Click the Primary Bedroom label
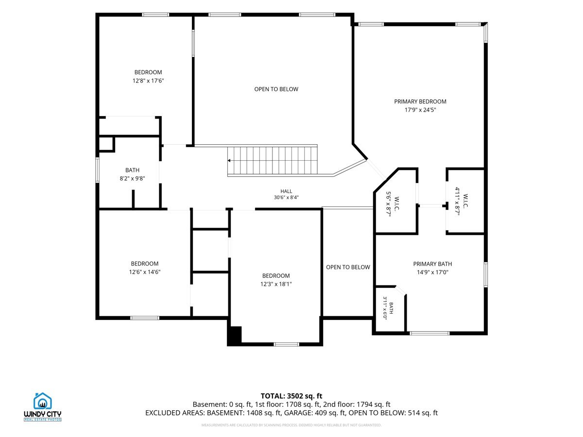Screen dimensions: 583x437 point(420,101)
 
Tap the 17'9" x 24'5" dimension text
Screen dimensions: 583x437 point(420,110)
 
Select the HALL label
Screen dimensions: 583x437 point(286,191)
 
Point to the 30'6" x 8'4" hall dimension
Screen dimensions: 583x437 point(286,198)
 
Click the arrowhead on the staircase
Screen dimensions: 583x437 point(229,161)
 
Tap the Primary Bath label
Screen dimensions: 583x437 point(432,264)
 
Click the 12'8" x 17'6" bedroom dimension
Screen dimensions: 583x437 point(148,81)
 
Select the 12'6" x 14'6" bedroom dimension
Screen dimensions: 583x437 point(145,272)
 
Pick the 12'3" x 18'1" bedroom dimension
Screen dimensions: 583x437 point(276,284)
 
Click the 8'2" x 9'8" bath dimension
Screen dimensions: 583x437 point(132,179)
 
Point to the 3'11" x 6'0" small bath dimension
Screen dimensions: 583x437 point(385,308)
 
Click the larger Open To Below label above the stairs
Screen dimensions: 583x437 point(276,89)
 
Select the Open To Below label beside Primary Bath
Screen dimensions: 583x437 point(348,267)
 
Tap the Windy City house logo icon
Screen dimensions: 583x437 point(42,401)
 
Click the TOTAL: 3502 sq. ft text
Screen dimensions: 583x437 point(291,396)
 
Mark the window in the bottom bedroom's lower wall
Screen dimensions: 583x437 point(286,344)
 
